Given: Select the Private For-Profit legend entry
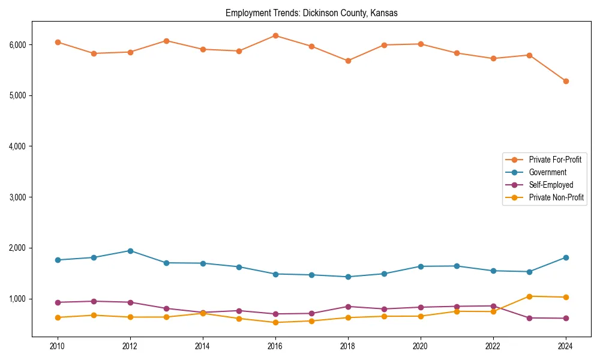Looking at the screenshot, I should point(555,160).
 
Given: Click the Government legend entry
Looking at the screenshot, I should point(547,172).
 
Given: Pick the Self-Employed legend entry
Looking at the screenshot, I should point(551,185).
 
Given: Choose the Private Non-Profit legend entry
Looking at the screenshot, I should point(556,197).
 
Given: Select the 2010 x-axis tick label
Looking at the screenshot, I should point(58,346).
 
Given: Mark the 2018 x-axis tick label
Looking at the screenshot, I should point(348,346).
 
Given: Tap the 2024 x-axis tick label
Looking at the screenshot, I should point(566,346).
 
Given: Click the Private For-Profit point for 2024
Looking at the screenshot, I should point(566,81).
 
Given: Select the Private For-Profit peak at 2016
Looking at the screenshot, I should point(275,35).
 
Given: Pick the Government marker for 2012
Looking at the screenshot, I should point(130,251).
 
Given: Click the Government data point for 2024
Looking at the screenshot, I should point(566,257).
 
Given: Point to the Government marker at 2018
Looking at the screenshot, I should point(348,277).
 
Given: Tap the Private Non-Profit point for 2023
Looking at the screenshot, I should point(529,296).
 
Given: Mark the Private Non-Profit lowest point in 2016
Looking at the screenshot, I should point(275,322).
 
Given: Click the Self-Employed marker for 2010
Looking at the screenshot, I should point(58,302).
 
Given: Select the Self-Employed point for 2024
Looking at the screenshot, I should point(566,318).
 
